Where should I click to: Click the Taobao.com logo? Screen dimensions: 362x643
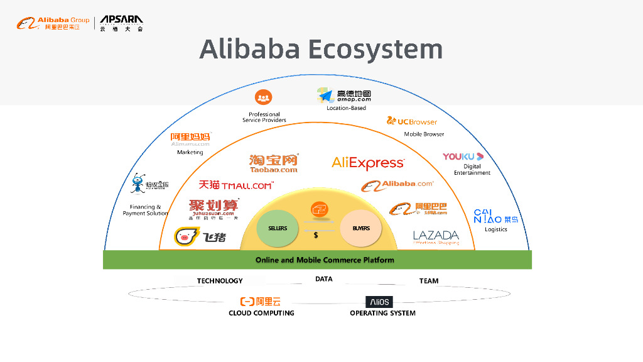coord(273,163)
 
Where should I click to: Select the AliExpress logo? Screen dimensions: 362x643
coord(368,163)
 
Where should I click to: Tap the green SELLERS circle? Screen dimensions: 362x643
coord(278,228)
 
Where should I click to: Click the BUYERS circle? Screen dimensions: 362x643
coord(361,228)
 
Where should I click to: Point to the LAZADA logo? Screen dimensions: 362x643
coord(436,237)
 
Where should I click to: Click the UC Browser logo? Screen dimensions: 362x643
coord(412,121)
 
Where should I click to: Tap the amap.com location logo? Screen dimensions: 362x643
coord(344,96)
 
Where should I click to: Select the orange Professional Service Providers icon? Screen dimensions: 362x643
coord(264,97)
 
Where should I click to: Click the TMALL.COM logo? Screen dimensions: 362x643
coord(236,185)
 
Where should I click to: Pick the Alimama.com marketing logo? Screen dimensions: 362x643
coord(191,139)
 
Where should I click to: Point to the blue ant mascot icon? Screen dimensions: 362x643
coord(138,184)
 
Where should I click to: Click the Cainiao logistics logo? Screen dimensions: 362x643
coord(495,216)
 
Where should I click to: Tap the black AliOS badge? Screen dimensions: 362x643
coord(379,302)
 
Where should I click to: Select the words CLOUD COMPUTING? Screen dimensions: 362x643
coord(261,313)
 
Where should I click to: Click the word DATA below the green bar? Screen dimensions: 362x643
coord(324,279)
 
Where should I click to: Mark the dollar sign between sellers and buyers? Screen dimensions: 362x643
coord(316,235)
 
